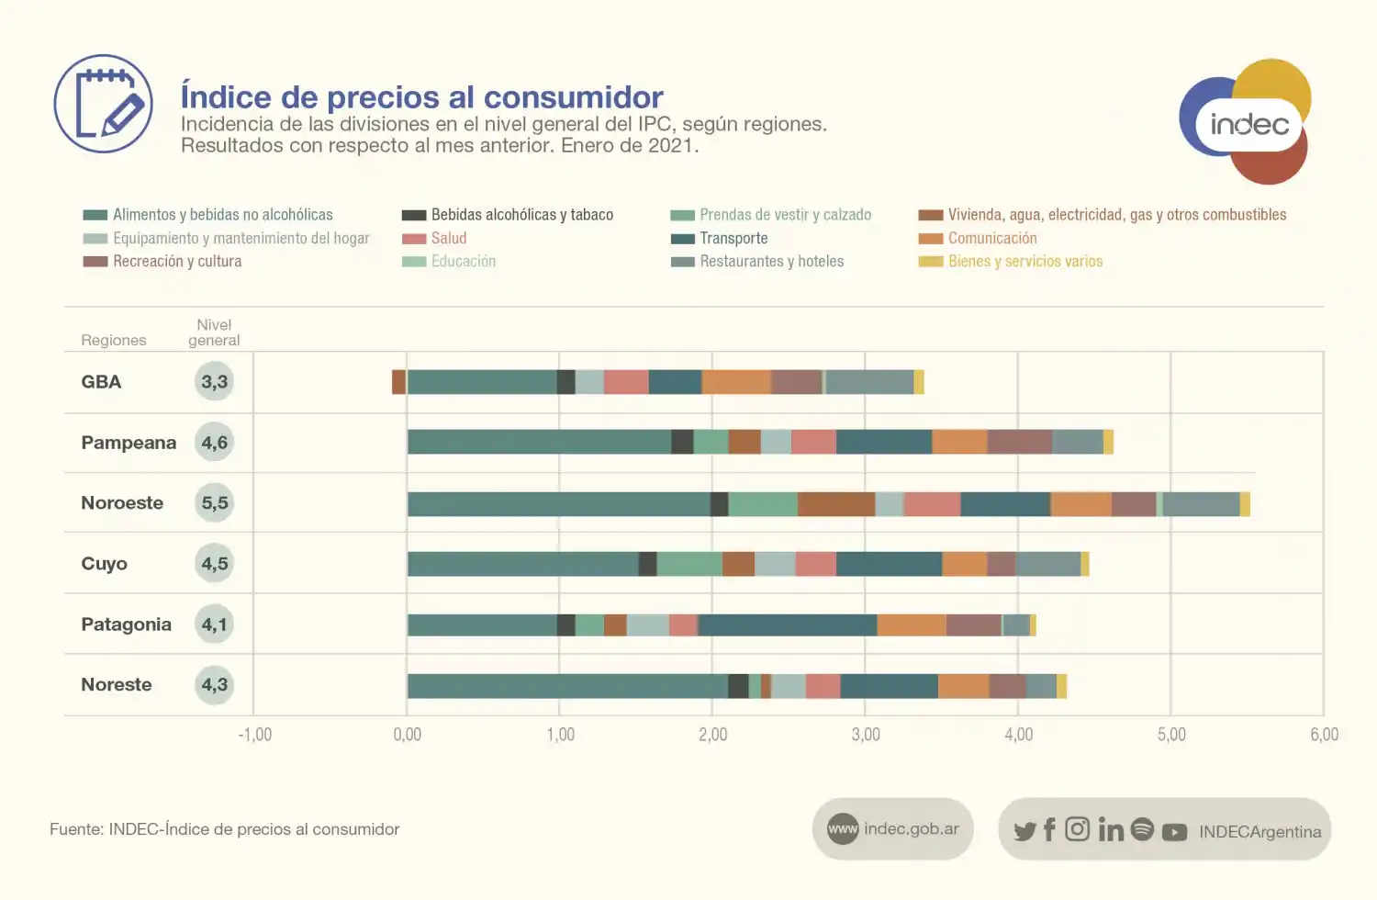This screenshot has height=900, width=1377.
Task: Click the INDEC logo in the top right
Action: point(1246,121)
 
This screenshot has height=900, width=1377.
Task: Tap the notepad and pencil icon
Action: point(103,104)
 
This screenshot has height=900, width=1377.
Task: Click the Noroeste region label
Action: point(122,503)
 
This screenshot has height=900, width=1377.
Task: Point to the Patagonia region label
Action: point(126,624)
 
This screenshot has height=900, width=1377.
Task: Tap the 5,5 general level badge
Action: point(215,503)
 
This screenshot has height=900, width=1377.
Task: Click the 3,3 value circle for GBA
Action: point(215,382)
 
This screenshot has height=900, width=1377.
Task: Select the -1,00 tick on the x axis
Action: point(254,735)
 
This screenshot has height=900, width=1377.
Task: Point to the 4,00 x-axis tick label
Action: point(1018,735)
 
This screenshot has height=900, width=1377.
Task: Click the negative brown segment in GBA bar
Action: point(398,382)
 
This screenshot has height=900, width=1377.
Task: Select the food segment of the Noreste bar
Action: point(567,686)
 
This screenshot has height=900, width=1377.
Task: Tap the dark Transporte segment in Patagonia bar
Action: point(787,625)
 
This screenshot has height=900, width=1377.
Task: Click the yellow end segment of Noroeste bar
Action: point(1245,504)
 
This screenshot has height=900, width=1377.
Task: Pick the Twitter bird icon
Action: point(1024,831)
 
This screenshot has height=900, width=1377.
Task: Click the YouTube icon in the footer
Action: point(1174,832)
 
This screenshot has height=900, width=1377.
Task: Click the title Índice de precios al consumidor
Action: point(421,96)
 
